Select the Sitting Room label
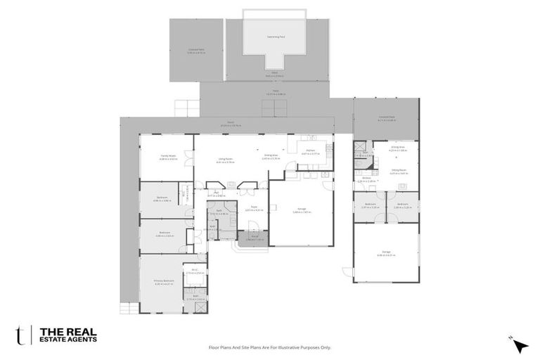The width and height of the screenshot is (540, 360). [x=399, y=170]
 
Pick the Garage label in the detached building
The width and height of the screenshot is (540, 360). [x=386, y=254]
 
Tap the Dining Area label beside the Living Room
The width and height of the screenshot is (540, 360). [x=271, y=157]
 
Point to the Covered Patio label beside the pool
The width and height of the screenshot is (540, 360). [x=196, y=50]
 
